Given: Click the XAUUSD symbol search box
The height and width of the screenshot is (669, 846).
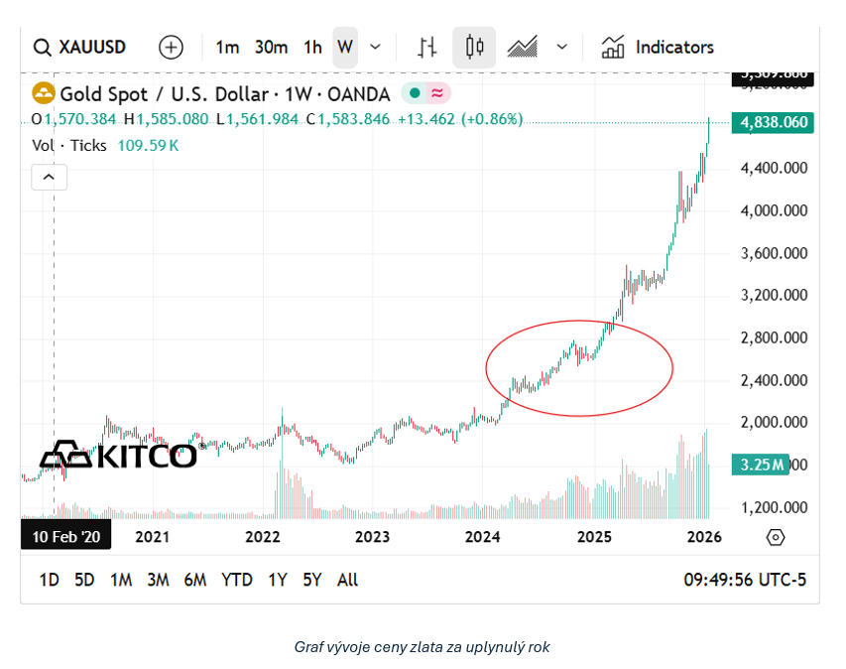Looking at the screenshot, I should tap(80, 47).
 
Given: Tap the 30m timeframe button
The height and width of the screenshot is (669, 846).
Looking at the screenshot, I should tap(271, 47).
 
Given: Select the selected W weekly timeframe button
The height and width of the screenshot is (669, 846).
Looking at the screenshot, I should tap(344, 47).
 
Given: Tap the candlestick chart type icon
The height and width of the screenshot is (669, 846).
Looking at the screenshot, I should tap(474, 47).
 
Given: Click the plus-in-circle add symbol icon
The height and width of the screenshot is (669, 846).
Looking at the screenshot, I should tap(171, 47).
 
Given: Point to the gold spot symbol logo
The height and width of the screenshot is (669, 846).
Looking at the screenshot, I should tap(44, 94).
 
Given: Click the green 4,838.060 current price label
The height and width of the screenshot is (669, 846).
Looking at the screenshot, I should tap(774, 123).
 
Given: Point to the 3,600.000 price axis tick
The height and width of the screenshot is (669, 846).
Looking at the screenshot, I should tap(774, 253).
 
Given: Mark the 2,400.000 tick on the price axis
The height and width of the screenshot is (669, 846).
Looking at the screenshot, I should tap(774, 380).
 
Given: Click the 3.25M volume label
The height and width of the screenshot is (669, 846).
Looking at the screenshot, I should tap(763, 465).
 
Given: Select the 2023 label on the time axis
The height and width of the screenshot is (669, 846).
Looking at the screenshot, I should tap(372, 537).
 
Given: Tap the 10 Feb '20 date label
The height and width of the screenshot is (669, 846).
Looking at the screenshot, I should tap(66, 537).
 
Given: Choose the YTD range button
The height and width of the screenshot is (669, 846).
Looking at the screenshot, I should tap(236, 580).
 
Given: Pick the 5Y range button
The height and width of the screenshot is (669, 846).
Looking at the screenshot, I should tap(311, 580).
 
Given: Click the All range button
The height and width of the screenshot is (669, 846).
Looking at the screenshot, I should tap(347, 580).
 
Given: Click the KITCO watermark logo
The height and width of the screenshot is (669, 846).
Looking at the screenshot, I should tap(118, 456).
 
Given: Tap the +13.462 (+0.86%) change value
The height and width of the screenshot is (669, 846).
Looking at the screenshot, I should tap(460, 119).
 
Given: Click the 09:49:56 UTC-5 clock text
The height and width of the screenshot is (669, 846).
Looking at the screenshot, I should tap(745, 580).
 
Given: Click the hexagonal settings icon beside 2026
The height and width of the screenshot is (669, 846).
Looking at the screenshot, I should tap(776, 537).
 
